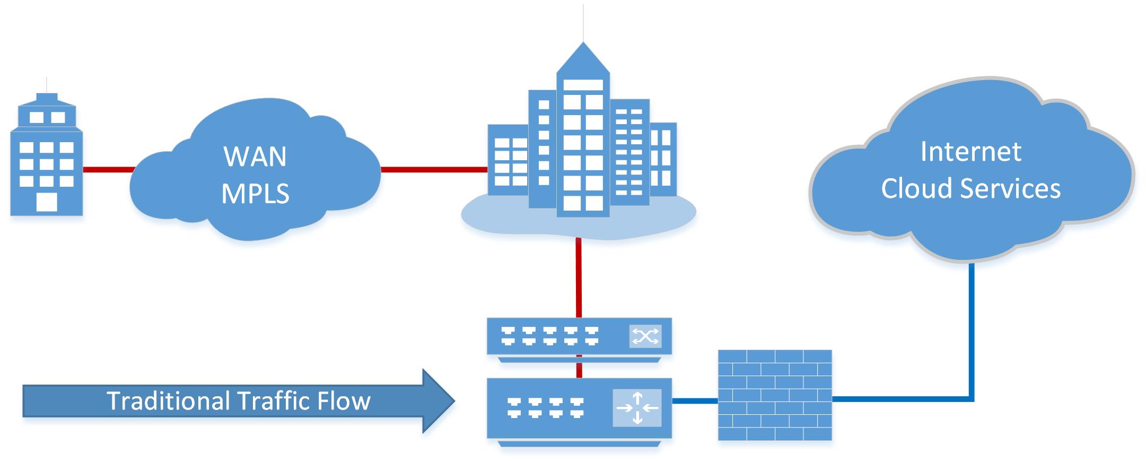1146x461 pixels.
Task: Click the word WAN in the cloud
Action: [x=255, y=156]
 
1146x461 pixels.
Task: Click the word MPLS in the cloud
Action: [x=255, y=194]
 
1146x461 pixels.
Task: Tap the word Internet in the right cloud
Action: [x=970, y=152]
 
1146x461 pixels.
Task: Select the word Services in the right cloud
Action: [x=1011, y=189]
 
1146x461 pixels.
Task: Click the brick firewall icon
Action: [x=775, y=395]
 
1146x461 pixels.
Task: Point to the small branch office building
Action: [x=46, y=159]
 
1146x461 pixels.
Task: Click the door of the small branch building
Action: [x=46, y=202]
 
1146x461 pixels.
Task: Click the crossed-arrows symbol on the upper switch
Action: [x=645, y=336]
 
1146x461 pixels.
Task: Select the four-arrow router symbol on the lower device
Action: [x=637, y=407]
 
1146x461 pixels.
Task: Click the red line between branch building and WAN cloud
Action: [x=108, y=170]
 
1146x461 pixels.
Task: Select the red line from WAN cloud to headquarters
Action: [x=433, y=170]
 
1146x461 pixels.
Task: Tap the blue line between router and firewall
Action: [x=695, y=401]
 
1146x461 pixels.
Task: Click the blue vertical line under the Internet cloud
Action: [x=972, y=329]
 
